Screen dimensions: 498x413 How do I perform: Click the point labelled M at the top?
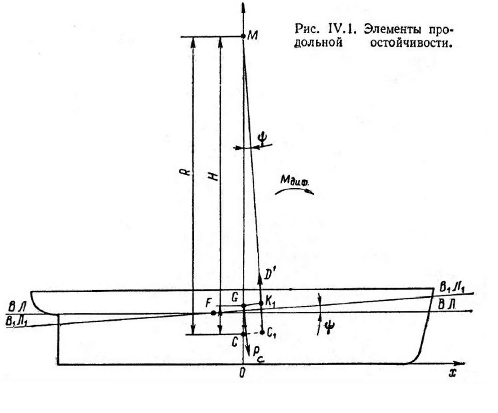click(243, 36)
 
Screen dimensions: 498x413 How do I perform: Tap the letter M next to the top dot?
click(253, 35)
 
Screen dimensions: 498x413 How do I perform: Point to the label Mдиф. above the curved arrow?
click(294, 180)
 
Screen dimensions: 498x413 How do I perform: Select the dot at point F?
click(213, 313)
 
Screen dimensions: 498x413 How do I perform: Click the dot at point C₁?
click(262, 332)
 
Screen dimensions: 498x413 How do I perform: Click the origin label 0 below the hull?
click(242, 373)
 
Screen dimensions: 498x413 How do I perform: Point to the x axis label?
click(452, 373)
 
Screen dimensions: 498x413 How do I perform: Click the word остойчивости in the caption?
click(411, 43)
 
